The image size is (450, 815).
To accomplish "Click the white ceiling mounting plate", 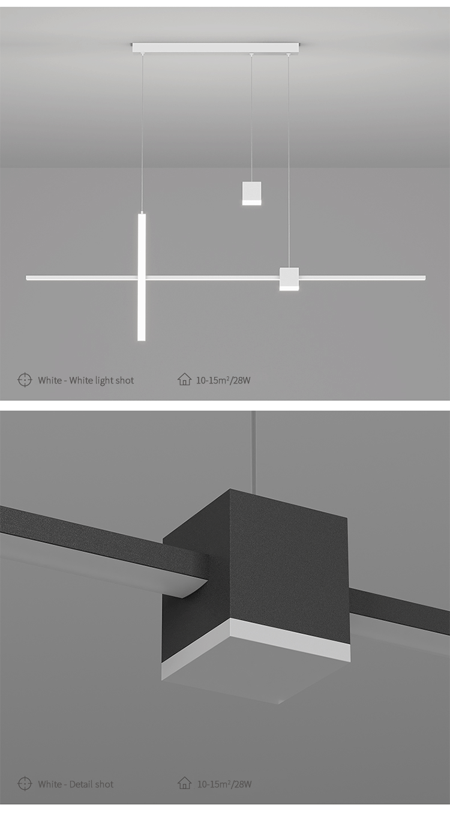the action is (216, 47).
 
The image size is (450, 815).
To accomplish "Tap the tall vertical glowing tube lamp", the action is (142, 277).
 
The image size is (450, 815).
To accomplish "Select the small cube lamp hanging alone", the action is (252, 193).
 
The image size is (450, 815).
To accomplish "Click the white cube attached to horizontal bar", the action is (289, 279).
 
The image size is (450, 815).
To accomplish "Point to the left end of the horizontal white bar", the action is (26, 278).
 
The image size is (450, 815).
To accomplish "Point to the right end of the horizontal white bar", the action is (425, 278).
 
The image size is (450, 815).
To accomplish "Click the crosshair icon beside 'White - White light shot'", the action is (25, 380).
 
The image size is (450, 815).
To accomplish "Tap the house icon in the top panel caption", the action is (184, 379).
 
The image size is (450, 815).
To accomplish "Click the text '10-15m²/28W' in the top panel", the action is (223, 380).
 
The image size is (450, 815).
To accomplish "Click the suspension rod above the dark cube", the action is (256, 451).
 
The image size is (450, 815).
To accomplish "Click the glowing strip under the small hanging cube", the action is (252, 203).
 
